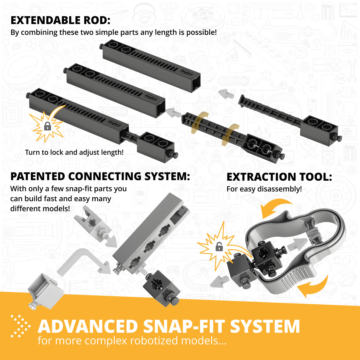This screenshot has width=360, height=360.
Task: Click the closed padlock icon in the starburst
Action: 48,126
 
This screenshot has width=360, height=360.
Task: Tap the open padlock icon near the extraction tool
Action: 219,247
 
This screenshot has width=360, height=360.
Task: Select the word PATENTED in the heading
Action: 38,176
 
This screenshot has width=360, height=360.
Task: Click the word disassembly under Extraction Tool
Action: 280,189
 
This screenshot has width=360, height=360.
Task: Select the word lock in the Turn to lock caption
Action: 56,152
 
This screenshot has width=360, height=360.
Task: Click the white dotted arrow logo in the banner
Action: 20,326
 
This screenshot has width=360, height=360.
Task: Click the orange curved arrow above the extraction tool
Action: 276,207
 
